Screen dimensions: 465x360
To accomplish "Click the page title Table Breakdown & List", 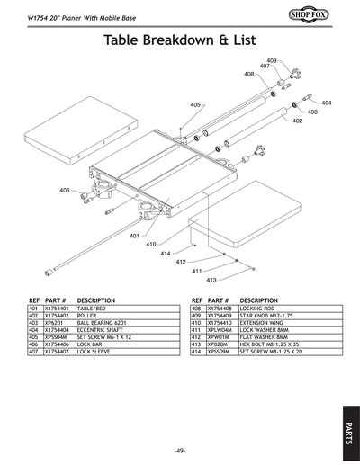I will pos(180,40).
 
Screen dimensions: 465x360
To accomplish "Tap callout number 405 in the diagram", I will pos(195,105).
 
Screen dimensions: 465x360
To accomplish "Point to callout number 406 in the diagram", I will pos(65,191).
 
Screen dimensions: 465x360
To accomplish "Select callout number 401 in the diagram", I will pos(134,236).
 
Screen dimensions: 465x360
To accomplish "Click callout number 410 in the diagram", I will pos(152,244).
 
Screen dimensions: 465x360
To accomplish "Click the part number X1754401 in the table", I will pos(57,309).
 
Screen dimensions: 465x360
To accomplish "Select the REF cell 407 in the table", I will pos(34,352).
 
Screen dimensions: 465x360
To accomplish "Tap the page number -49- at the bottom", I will pos(180,450).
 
